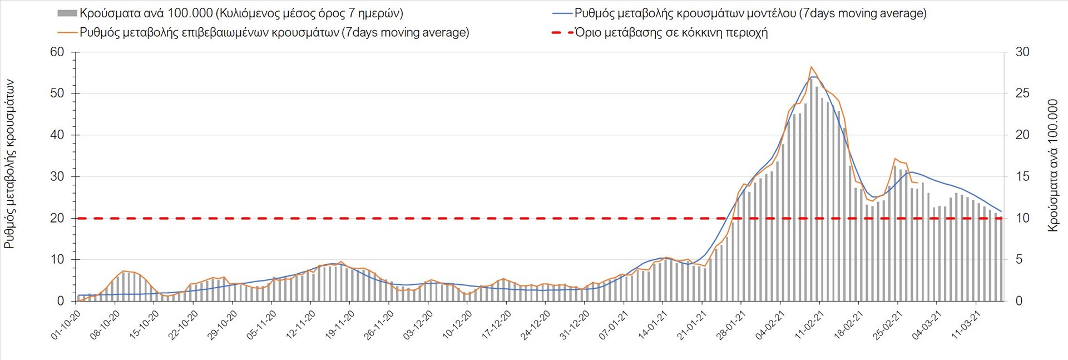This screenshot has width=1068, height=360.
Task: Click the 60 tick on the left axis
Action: pos(58,52)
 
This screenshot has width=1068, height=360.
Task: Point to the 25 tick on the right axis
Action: pos(1022,93)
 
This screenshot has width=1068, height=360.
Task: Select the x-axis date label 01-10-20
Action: pos(66,324)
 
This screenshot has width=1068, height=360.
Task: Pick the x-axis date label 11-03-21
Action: pos(965,324)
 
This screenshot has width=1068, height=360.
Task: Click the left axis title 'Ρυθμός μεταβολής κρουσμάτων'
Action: pos(9,164)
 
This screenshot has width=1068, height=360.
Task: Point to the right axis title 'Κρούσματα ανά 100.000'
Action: pos(1052,165)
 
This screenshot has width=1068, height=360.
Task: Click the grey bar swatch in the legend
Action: pos(67,13)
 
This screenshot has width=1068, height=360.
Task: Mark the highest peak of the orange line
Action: pos(811,67)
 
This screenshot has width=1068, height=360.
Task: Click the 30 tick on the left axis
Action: pos(58,176)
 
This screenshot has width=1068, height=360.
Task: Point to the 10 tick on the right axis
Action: pos(1022,218)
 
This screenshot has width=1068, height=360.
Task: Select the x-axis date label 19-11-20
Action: pos(339,324)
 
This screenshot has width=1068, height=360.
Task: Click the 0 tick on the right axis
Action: pos(1019,301)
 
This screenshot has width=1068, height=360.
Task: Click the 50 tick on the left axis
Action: pos(58,93)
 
